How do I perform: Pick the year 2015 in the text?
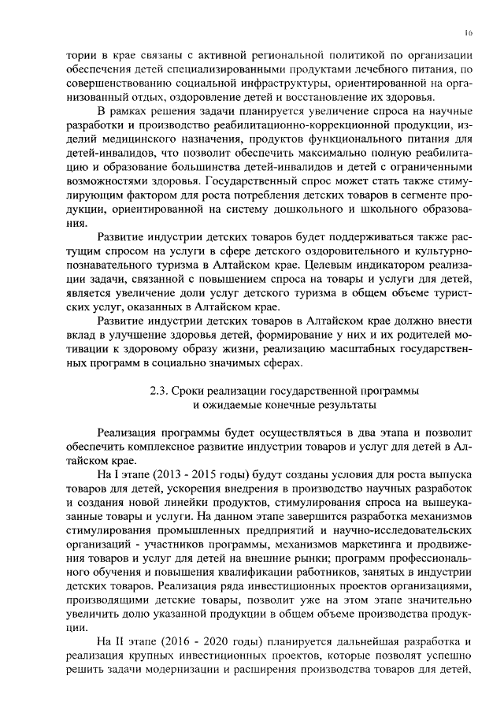pos(209,476)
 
